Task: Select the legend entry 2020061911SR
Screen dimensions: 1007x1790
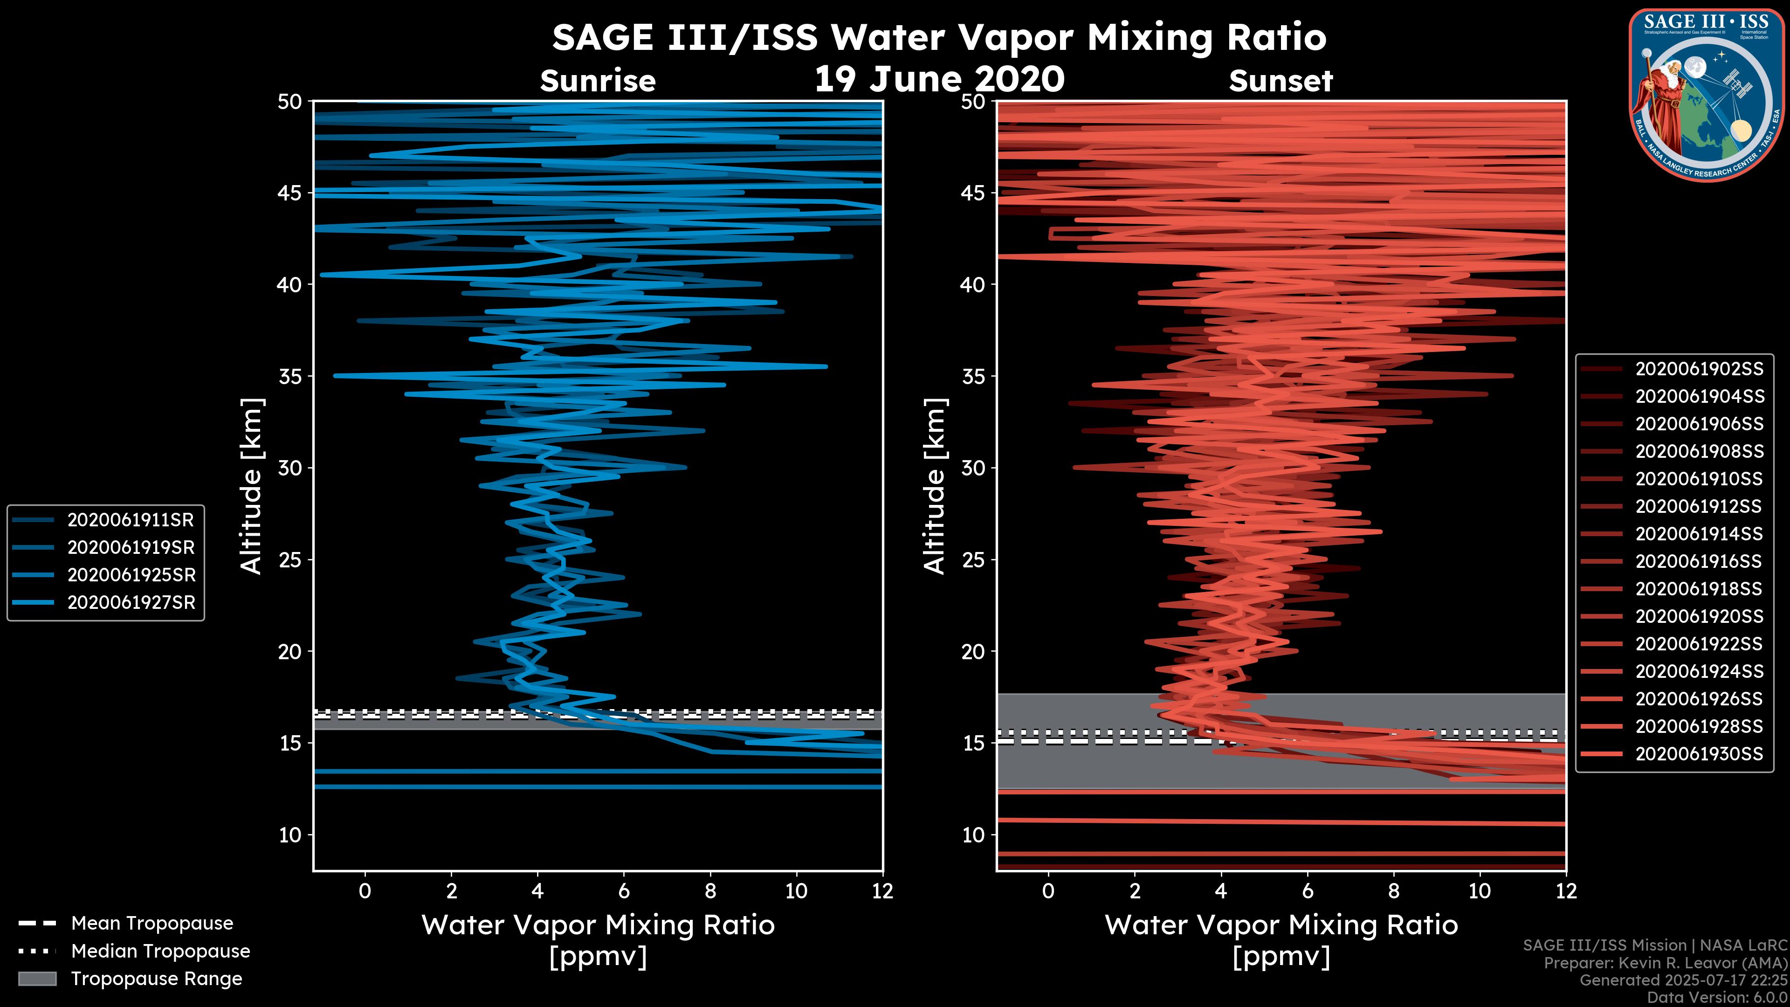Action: [x=131, y=520]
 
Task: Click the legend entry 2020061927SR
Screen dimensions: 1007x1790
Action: [x=131, y=602]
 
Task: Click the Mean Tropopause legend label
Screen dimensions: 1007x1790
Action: [x=152, y=923]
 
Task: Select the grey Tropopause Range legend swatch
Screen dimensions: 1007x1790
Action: [x=37, y=979]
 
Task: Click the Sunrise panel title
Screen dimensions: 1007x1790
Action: [x=598, y=81]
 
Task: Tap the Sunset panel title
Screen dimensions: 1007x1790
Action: [x=1281, y=81]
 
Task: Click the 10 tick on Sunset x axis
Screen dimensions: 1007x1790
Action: [x=1480, y=891]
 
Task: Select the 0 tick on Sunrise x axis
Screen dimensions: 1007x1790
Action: [x=365, y=891]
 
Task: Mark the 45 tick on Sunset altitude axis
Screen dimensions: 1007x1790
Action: [x=973, y=193]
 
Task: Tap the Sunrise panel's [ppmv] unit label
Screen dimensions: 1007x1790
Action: [x=598, y=957]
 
